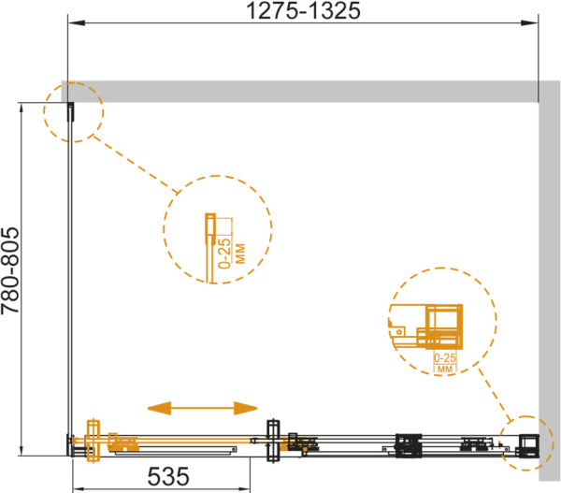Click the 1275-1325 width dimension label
[303, 10]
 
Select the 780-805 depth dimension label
[9, 270]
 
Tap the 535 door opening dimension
[168, 476]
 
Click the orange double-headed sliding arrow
[203, 408]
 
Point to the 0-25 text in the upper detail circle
[225, 254]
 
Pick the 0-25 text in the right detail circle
[445, 357]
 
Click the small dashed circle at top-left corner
[73, 112]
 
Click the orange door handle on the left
[93, 441]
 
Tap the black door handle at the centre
[273, 441]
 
